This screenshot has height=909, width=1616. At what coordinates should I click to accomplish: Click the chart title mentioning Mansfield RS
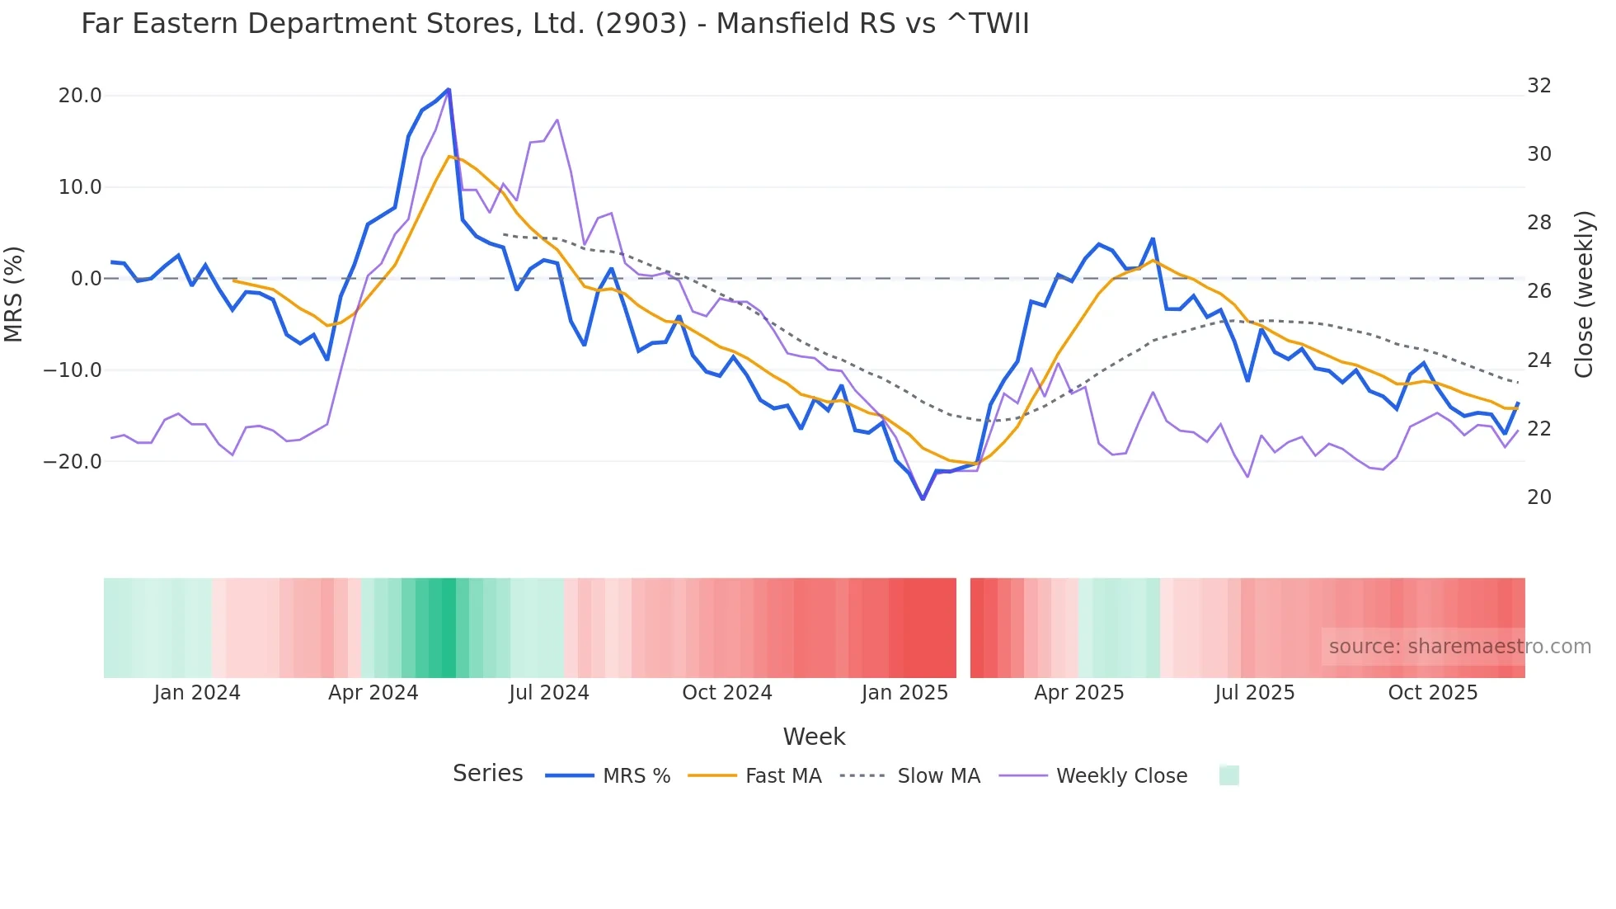coord(555,23)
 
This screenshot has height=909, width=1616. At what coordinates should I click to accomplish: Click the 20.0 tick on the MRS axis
coord(80,96)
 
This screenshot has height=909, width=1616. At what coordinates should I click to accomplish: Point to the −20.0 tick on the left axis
coord(73,462)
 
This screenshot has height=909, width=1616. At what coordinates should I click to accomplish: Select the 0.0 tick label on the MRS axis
coord(87,279)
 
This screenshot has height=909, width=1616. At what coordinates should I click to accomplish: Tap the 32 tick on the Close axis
coord(1538,86)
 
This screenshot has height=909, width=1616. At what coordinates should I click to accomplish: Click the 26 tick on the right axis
coord(1538,291)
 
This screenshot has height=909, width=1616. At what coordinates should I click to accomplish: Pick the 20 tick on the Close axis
coord(1538,497)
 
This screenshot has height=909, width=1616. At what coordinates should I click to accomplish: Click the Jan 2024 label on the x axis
coord(197,693)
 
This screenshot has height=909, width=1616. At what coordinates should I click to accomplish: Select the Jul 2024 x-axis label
coord(549,693)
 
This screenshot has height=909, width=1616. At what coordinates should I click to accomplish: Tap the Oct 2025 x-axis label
coord(1432,693)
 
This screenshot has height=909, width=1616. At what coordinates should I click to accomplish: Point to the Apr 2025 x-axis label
coord(1078,693)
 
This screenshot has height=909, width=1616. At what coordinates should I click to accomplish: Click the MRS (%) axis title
coord(14,294)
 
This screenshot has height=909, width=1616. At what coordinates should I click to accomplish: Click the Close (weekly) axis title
coord(1584,294)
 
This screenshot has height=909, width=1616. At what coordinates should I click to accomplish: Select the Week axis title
coord(814,737)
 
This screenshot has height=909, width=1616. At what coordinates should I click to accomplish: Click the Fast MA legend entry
coord(782,776)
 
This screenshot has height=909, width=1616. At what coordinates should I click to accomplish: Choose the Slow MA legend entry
coord(938,776)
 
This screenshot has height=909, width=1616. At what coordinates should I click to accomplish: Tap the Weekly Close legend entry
coord(1121,776)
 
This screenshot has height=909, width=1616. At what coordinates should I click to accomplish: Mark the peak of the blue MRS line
coord(449,89)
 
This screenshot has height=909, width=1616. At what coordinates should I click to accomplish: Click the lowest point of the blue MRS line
coord(923,499)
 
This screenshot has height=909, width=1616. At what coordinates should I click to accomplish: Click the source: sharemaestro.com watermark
coord(1459,647)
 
